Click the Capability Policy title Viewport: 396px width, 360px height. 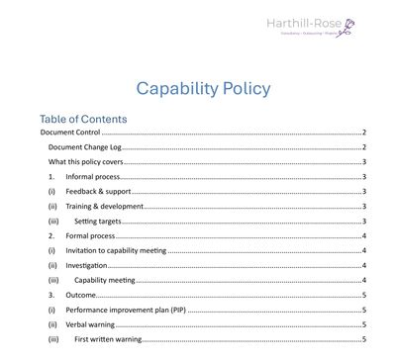click(x=202, y=88)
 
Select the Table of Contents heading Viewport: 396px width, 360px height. click(x=83, y=119)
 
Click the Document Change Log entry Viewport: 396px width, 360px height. click(x=84, y=147)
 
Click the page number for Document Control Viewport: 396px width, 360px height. click(x=364, y=133)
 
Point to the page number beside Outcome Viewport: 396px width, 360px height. click(x=364, y=295)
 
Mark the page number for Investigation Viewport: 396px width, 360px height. click(x=364, y=265)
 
